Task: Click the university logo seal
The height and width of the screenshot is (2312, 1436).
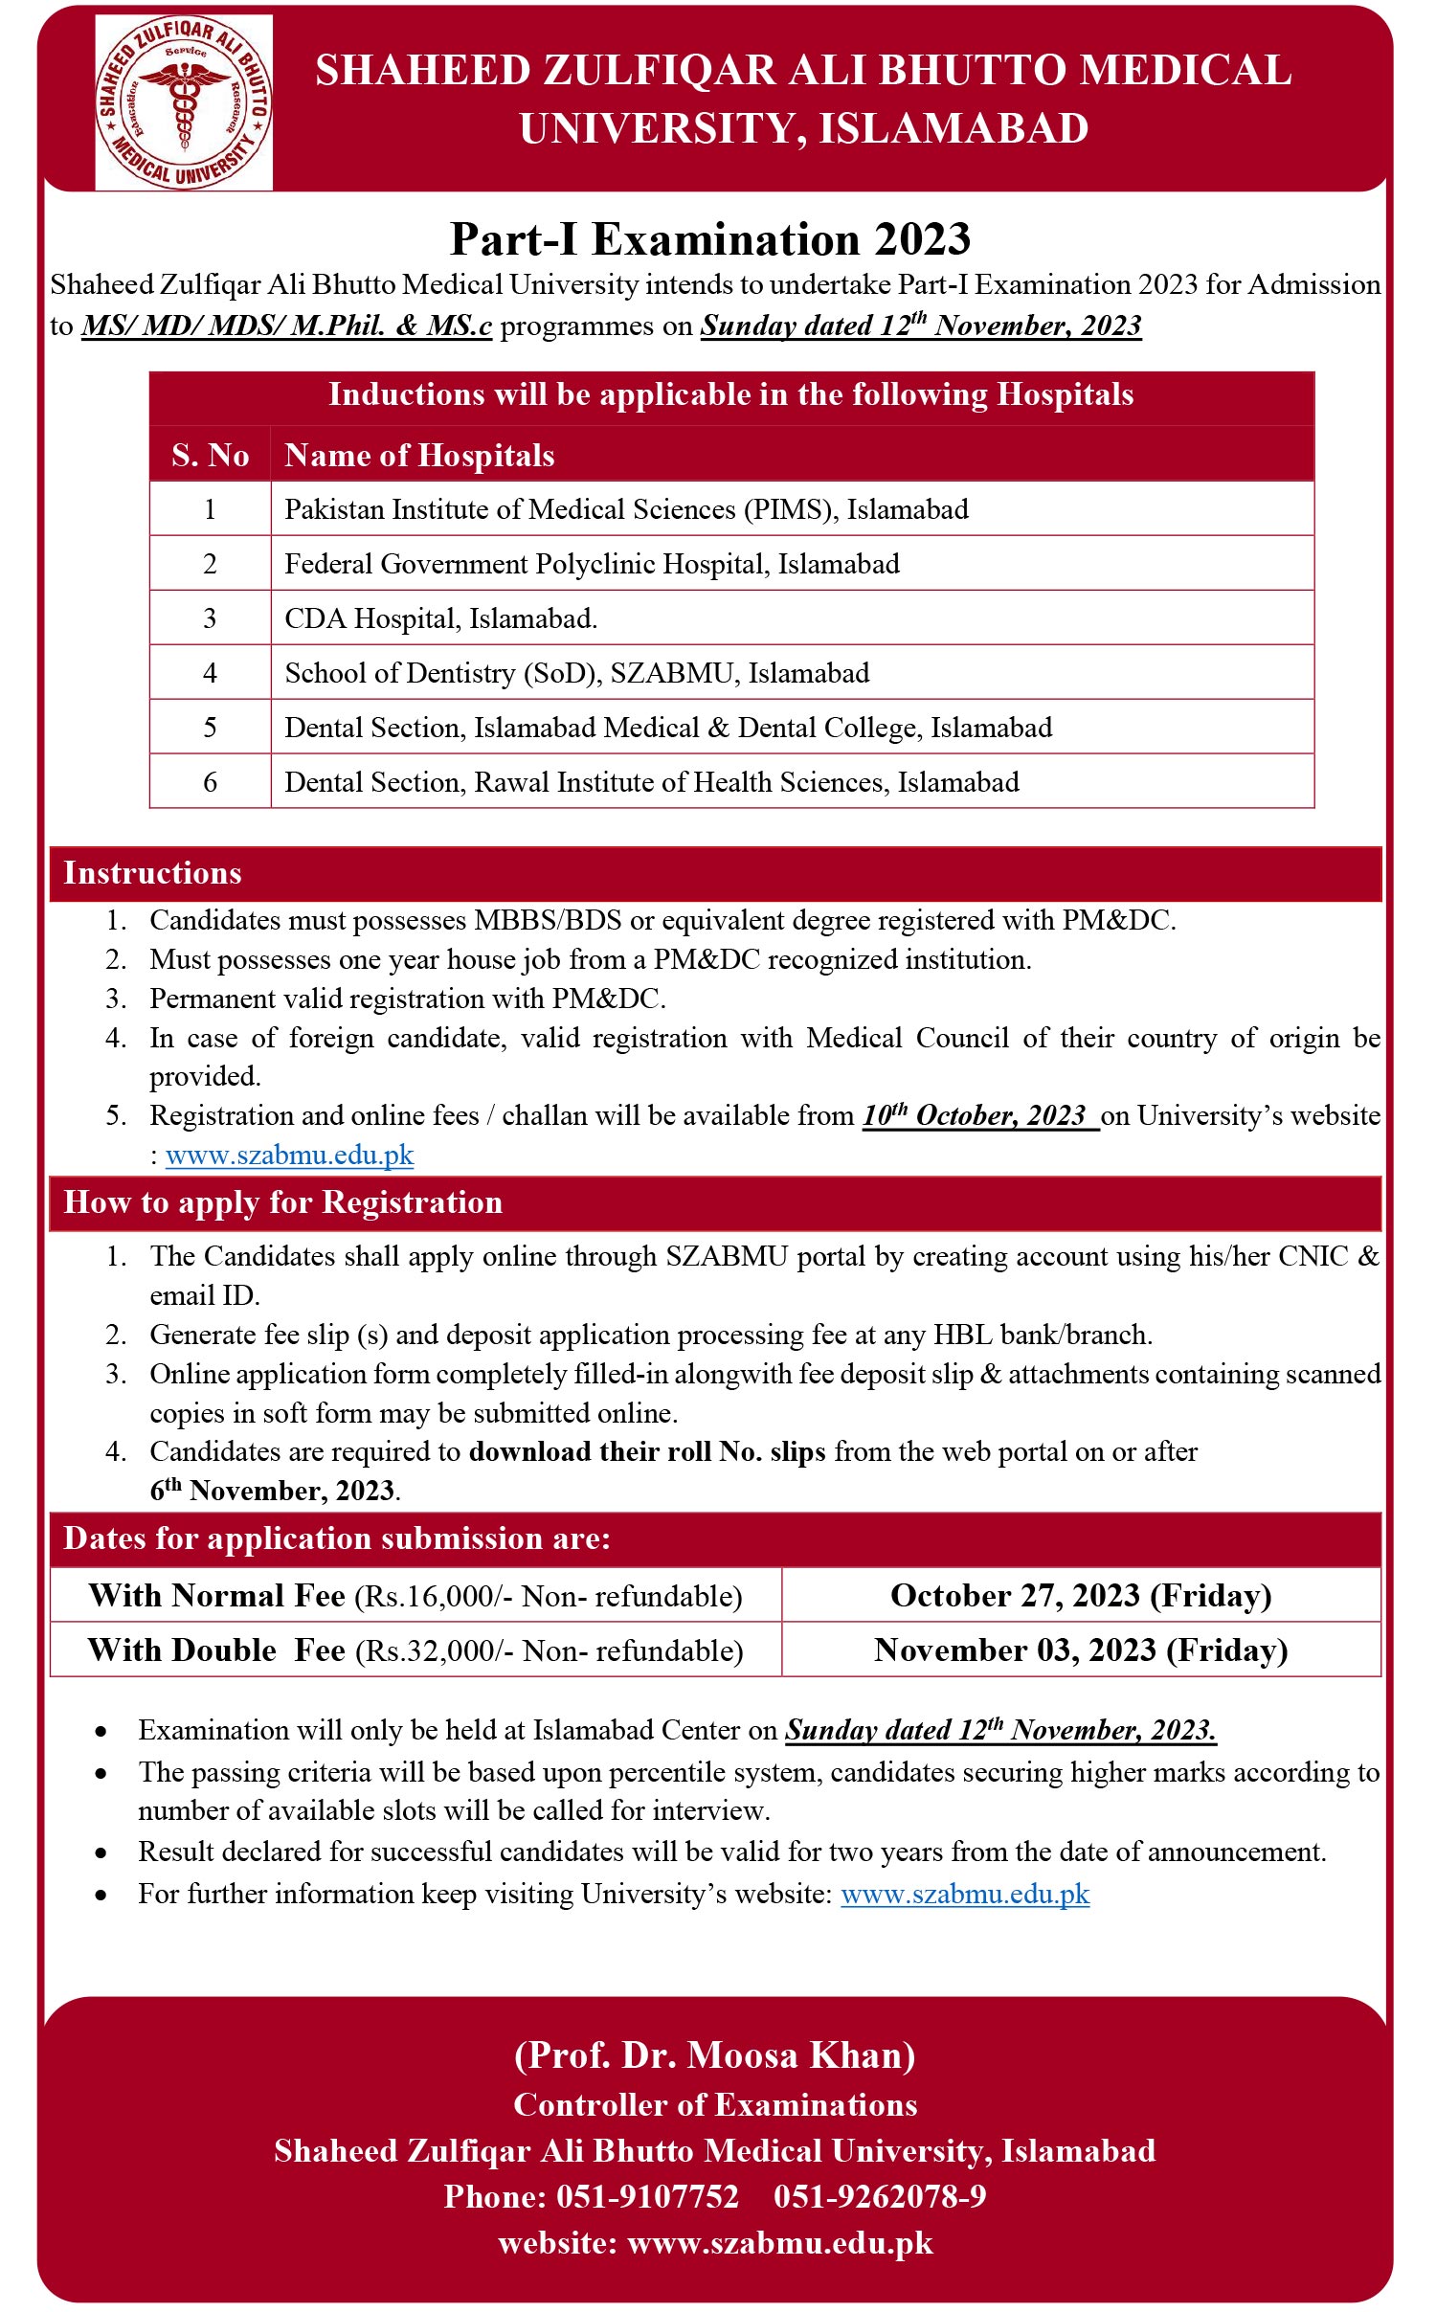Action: click(x=183, y=102)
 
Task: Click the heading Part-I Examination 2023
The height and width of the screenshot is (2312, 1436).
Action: click(x=710, y=239)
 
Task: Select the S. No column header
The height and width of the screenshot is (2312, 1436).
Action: click(x=210, y=456)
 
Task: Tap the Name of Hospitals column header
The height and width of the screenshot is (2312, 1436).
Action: click(x=419, y=456)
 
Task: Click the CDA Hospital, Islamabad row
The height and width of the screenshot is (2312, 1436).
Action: click(x=440, y=618)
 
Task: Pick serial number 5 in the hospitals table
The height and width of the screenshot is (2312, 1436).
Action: click(x=210, y=728)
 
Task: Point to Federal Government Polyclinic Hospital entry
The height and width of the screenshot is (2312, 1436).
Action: click(x=592, y=564)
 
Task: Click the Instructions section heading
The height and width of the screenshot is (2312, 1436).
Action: click(x=152, y=873)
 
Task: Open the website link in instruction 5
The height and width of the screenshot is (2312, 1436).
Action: click(x=289, y=1156)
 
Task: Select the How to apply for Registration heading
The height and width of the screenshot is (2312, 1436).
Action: click(x=282, y=1202)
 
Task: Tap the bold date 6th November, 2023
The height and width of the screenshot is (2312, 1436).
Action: click(x=273, y=1491)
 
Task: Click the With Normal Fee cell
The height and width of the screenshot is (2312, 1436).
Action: click(x=415, y=1596)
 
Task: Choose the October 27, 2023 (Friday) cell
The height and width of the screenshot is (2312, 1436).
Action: click(x=1081, y=1596)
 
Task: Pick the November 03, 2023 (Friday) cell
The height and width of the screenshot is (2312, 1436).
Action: click(x=1081, y=1650)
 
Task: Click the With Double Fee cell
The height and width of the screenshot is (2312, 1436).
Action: click(x=415, y=1650)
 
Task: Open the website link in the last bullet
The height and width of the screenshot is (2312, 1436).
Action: click(x=965, y=1895)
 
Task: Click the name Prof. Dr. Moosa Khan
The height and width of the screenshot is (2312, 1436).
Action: click(x=714, y=2055)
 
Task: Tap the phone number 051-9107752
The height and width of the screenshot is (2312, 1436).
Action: click(x=647, y=2196)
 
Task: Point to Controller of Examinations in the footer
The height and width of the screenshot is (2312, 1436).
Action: click(x=715, y=2104)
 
